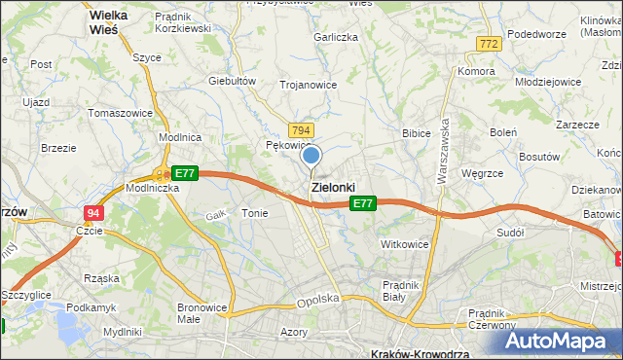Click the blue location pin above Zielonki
[x=311, y=156]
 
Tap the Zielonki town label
[x=332, y=187]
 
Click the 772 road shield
[x=489, y=44]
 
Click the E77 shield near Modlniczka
[x=185, y=173]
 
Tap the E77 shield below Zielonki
[x=362, y=203]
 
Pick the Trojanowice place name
[x=309, y=85]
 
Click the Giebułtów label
[x=232, y=81]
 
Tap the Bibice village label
[x=417, y=132]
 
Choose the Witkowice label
[x=405, y=244]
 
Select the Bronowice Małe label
[x=202, y=313]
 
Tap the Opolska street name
[x=317, y=301]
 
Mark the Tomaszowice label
[x=120, y=113]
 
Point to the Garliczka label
[x=336, y=36]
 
